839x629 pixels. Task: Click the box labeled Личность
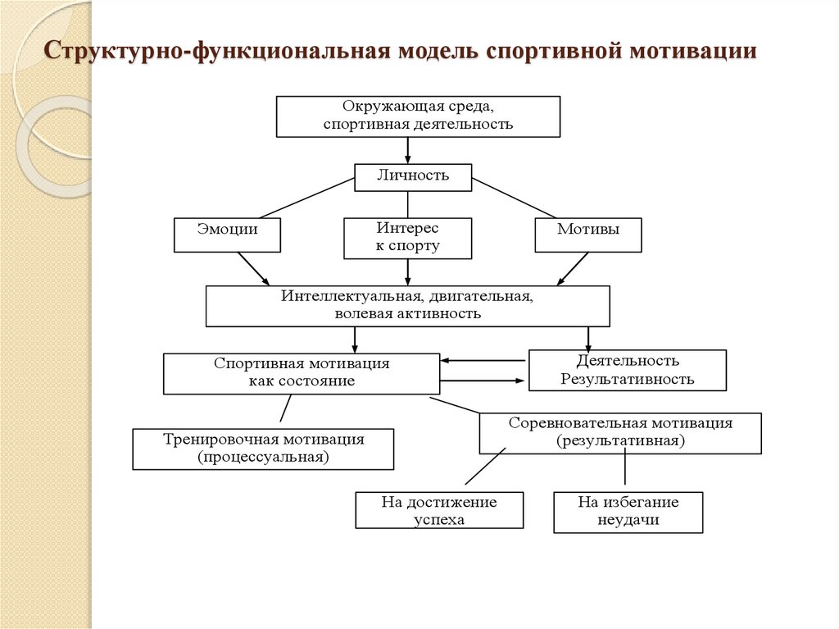(x=413, y=176)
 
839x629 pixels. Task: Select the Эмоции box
(x=227, y=235)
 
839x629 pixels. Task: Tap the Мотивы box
(x=587, y=235)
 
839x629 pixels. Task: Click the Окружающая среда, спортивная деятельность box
(x=418, y=116)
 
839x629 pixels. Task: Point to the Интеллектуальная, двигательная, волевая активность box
(x=407, y=306)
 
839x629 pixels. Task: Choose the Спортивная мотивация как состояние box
(x=301, y=373)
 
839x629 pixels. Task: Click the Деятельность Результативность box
(x=627, y=370)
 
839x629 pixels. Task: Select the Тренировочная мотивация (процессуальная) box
(x=262, y=448)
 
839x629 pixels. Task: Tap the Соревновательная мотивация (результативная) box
(x=619, y=432)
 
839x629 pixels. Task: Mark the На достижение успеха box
(x=439, y=511)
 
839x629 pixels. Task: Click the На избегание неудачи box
(x=628, y=511)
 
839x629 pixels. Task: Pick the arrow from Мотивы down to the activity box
(x=574, y=268)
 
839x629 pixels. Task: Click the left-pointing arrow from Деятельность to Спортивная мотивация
(x=483, y=360)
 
